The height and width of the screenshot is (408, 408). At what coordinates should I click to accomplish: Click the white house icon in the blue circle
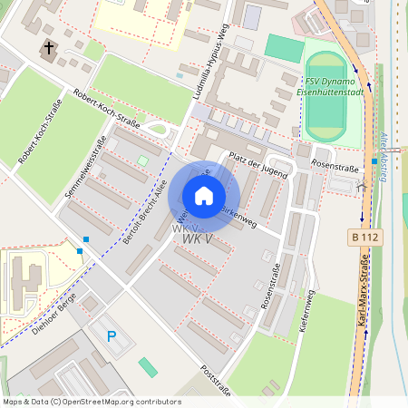pos(204,196)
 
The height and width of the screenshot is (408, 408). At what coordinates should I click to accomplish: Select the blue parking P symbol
pos(112,336)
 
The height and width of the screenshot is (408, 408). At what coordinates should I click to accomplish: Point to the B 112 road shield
pos(363,237)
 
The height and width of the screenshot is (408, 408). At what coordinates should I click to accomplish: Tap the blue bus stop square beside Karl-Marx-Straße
pos(374,161)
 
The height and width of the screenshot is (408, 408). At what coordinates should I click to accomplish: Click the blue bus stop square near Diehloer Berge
pos(86,239)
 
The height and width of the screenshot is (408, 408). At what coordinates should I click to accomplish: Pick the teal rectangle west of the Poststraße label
pos(148,367)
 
